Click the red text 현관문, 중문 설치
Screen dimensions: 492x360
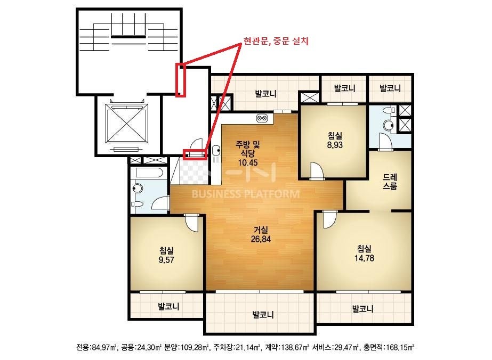point(276,41)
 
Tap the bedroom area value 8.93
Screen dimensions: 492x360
point(335,145)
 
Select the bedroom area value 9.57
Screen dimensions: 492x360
point(166,260)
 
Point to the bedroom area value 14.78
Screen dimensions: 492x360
point(364,258)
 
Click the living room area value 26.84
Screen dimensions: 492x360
point(261,239)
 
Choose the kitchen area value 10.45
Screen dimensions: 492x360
point(248,162)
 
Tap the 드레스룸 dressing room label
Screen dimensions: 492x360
point(390,182)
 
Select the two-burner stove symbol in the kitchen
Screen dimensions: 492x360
point(262,118)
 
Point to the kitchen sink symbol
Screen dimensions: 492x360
point(216,151)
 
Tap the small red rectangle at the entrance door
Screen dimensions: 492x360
point(195,154)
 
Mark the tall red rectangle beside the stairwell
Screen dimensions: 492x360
point(181,80)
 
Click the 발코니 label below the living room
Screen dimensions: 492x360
point(263,315)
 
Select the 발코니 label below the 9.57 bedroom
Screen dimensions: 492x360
point(169,306)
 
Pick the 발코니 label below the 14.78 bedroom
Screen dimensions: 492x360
point(362,309)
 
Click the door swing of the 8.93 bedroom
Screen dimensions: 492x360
point(316,170)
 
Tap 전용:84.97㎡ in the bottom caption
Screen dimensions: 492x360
point(96,347)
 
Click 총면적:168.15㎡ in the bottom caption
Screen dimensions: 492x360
point(389,347)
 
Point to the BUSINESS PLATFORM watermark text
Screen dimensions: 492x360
point(246,194)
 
